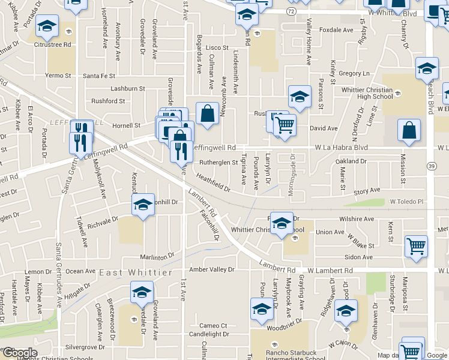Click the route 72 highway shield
[291, 11]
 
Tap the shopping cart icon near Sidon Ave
[416, 246]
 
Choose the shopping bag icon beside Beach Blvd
[409, 130]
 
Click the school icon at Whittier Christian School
[281, 223]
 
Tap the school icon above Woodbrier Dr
[262, 310]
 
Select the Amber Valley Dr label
[211, 270]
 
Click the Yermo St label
[59, 76]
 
